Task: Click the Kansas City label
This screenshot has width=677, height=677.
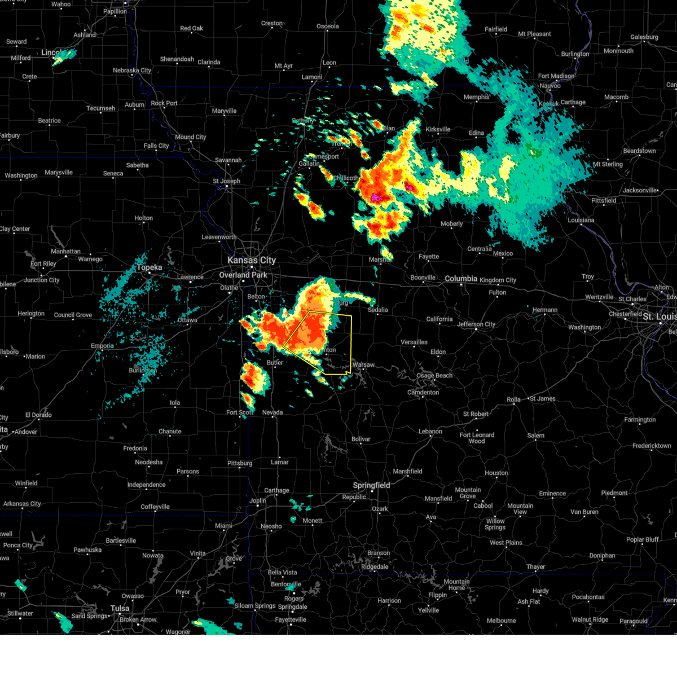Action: [252, 260]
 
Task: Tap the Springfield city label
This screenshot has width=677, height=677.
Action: [371, 485]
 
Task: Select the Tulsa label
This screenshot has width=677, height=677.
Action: [120, 608]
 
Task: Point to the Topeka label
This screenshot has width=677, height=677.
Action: [150, 267]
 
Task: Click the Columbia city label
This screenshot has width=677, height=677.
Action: [461, 279]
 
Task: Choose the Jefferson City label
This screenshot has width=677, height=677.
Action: [476, 324]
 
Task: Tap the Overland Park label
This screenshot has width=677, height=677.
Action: [243, 275]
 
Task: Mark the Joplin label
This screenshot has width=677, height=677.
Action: [258, 500]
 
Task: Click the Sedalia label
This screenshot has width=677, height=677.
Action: [378, 310]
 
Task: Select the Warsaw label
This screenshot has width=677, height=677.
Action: [363, 365]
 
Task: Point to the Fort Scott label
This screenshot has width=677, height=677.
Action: [240, 412]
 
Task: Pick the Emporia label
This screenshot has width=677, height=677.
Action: [102, 346]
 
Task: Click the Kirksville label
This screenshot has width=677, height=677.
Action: [438, 129]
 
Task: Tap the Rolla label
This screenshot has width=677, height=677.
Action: [513, 399]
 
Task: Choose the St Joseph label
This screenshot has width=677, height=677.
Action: [226, 181]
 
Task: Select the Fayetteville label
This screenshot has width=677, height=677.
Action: [291, 619]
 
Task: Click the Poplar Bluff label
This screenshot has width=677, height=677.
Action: [643, 539]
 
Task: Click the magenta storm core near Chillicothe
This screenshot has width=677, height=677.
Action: [375, 197]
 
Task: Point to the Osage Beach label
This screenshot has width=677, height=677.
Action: [434, 376]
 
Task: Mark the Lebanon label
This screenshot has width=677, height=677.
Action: [430, 432]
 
